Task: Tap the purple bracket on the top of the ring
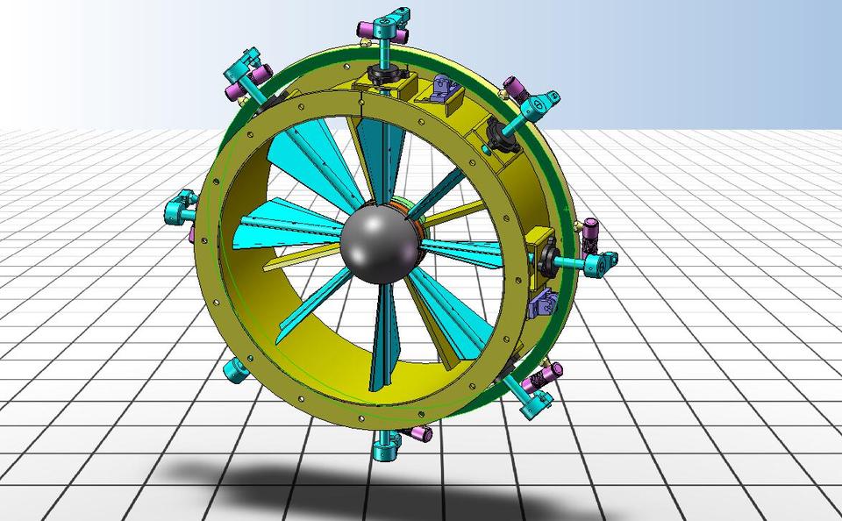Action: (x=439, y=89)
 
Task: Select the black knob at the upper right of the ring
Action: (x=501, y=134)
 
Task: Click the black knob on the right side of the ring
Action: (x=551, y=256)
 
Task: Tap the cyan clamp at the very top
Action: (x=386, y=26)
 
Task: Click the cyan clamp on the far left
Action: (x=182, y=209)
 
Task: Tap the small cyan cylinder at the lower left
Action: (x=235, y=369)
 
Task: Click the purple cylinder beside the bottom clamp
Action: (x=420, y=433)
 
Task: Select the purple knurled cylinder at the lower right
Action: (x=546, y=376)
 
